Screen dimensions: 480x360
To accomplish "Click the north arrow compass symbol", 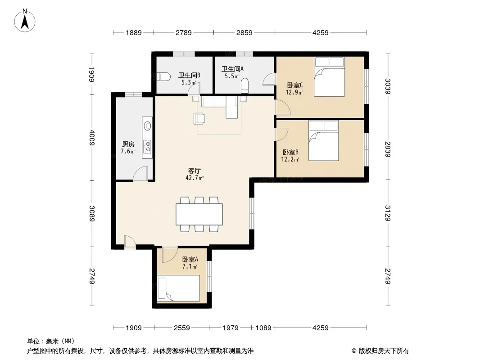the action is (x=25, y=21).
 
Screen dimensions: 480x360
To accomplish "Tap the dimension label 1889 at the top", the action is (x=134, y=32).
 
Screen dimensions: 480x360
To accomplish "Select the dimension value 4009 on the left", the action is (x=92, y=138).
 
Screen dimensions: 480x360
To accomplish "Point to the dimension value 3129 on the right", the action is (x=388, y=213).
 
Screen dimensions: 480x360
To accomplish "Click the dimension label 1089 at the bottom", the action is (x=263, y=328).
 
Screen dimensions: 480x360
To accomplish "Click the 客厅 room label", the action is (x=195, y=171).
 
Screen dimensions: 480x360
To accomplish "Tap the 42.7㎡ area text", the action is (x=195, y=178).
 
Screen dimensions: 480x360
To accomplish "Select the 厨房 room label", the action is (x=128, y=144).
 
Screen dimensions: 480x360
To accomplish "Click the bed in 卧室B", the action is (x=324, y=140).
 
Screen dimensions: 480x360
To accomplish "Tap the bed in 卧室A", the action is (x=178, y=288).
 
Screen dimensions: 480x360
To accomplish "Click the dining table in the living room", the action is (x=199, y=214).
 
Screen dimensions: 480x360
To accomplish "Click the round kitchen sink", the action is (x=148, y=126).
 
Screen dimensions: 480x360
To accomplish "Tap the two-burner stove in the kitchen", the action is (x=148, y=147).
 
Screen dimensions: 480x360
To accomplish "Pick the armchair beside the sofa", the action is (x=199, y=119).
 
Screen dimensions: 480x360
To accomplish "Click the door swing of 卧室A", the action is (x=170, y=255).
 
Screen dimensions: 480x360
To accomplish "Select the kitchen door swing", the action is (x=140, y=173).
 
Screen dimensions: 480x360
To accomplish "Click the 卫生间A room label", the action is (x=232, y=69).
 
